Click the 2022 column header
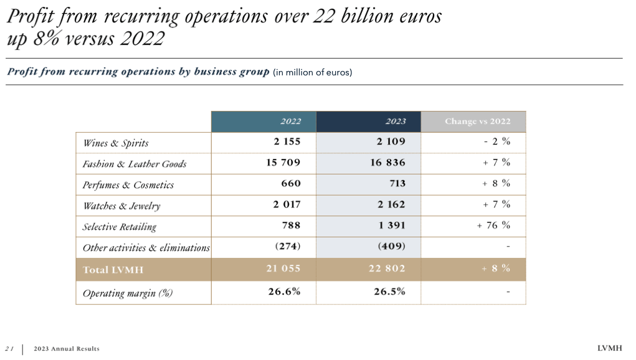pyautogui.click(x=290, y=121)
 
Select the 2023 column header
pyautogui.click(x=395, y=121)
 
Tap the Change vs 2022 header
pyautogui.click(x=477, y=121)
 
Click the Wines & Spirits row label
pyautogui.click(x=116, y=143)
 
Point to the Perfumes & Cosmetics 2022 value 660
pyautogui.click(x=290, y=184)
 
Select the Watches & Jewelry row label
pyautogui.click(x=121, y=206)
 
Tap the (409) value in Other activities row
pyautogui.click(x=391, y=246)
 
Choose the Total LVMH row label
pyautogui.click(x=109, y=270)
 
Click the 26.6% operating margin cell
pyautogui.click(x=284, y=291)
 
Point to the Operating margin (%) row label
pyautogui.click(x=128, y=293)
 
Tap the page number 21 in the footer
pyautogui.click(x=9, y=349)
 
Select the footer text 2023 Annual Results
pyautogui.click(x=67, y=349)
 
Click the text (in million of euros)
pyautogui.click(x=313, y=72)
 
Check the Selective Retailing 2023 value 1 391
pyautogui.click(x=392, y=225)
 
